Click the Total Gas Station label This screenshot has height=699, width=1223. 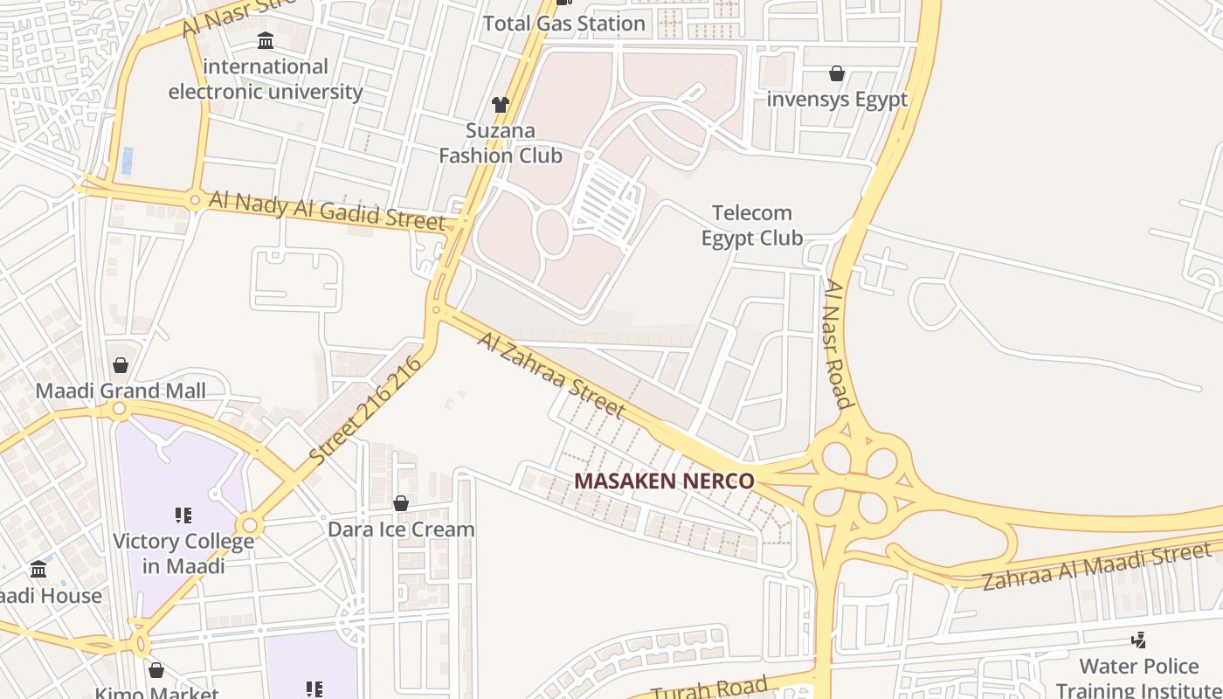[x=564, y=24]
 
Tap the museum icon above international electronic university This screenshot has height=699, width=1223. [x=266, y=40]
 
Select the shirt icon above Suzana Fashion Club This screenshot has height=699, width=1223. [x=500, y=105]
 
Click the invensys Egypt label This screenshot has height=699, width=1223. [x=837, y=100]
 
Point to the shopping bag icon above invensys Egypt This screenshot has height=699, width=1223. [x=837, y=73]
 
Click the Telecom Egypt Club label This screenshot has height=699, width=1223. [x=752, y=225]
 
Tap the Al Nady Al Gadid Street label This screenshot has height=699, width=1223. [x=327, y=211]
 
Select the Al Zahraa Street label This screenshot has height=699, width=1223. [x=551, y=374]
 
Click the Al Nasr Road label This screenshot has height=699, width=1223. [x=837, y=344]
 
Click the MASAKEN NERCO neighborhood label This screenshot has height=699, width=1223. [x=664, y=481]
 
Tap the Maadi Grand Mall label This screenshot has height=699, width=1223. [x=121, y=391]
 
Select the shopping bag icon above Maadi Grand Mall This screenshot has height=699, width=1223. [x=121, y=364]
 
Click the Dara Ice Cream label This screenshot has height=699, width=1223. [x=401, y=529]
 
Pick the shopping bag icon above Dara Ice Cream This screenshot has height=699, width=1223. [x=401, y=503]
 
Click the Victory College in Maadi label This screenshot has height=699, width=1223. [x=183, y=553]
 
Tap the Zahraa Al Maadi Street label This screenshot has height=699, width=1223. [x=1097, y=565]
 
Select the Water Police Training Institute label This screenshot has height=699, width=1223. [x=1139, y=678]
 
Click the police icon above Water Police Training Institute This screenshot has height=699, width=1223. [x=1138, y=640]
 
